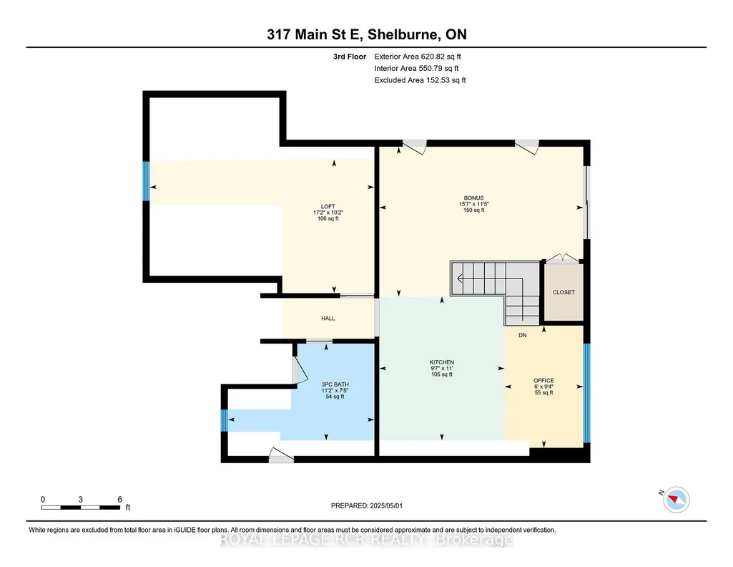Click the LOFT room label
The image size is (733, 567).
pos(328,206)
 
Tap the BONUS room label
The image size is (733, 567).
pos(473,198)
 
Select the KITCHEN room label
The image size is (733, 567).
pos(442,362)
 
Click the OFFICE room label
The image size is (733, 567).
pos(543,380)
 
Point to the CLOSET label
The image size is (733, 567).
pos(564,292)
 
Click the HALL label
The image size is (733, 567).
pos(328,318)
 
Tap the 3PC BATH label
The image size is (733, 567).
pos(335,384)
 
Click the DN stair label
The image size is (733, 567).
pos(523,335)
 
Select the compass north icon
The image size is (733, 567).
pos(676,499)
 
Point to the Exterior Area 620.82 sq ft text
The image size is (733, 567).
pos(418,57)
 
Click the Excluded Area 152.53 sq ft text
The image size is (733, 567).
pos(420,80)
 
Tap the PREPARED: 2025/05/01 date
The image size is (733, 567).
pos(366,505)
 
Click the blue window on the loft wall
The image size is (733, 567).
pos(146,180)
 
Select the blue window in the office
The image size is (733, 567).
pos(586,393)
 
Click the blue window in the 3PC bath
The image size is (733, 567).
pos(225,420)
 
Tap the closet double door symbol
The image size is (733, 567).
pos(563,258)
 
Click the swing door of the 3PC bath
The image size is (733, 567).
pos(300,371)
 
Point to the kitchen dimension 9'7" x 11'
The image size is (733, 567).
pos(442,368)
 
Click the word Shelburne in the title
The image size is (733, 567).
pos(403,34)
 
